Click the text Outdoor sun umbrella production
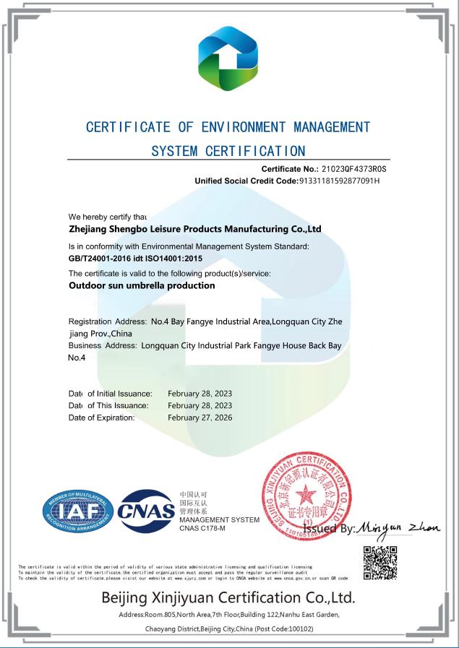[x=142, y=285]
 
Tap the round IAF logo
[x=77, y=512]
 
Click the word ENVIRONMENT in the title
[x=243, y=128]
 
